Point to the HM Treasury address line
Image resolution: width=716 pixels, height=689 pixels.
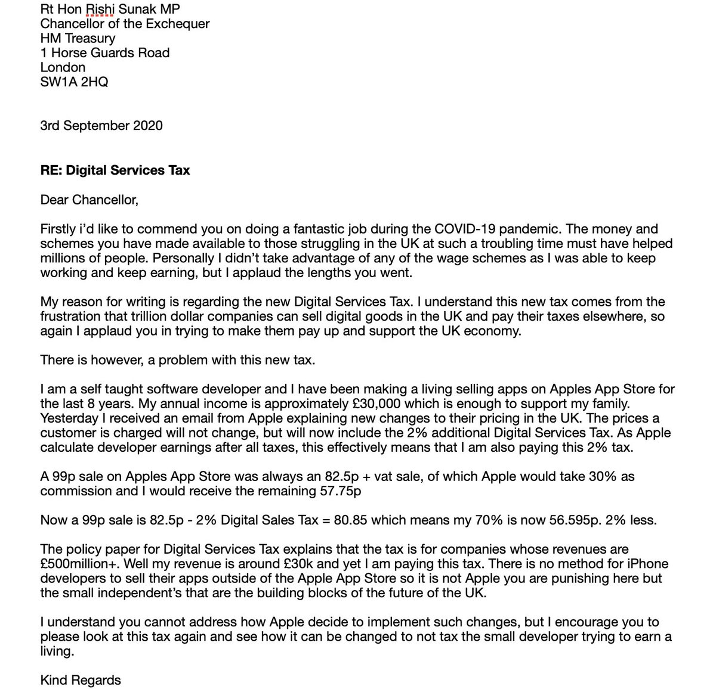click(x=78, y=38)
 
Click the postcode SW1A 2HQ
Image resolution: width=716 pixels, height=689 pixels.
click(x=74, y=82)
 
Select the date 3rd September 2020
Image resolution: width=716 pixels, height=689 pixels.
click(x=101, y=126)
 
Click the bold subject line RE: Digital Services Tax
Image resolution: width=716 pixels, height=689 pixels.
click(x=115, y=170)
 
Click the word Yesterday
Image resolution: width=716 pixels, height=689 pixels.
click(x=69, y=418)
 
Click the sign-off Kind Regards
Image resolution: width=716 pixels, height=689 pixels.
click(x=80, y=680)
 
